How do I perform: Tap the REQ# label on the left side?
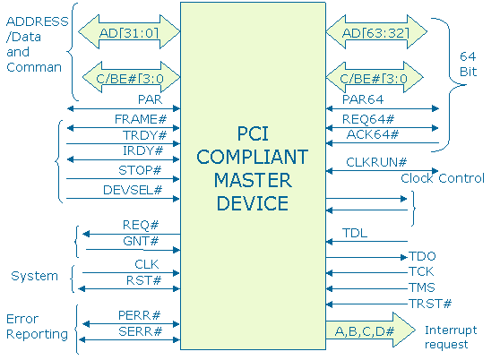pos(141,225)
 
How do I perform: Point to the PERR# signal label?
pos(139,316)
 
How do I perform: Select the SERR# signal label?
pos(139,332)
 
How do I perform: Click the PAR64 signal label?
pos(363,101)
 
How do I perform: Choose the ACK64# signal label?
pos(372,135)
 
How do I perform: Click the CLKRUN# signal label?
pos(376,163)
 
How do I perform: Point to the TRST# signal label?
pos(430,304)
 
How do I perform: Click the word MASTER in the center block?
pos(252,182)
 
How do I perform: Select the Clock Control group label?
pos(443,178)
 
